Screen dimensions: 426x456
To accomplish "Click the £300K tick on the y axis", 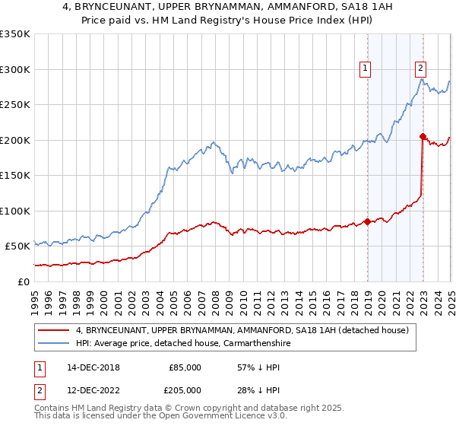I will pos(15,69).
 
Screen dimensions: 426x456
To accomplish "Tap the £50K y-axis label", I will pos(17,246).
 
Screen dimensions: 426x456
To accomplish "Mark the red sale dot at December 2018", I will pos(367,221).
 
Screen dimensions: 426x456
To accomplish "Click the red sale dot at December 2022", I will pos(423,136).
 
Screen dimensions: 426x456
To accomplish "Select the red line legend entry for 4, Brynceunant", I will pos(242,330).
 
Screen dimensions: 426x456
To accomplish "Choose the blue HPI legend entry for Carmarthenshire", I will pos(183,343).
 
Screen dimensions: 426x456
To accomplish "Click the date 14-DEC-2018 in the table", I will pos(93,367).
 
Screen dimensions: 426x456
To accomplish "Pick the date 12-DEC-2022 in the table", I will pos(93,390).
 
